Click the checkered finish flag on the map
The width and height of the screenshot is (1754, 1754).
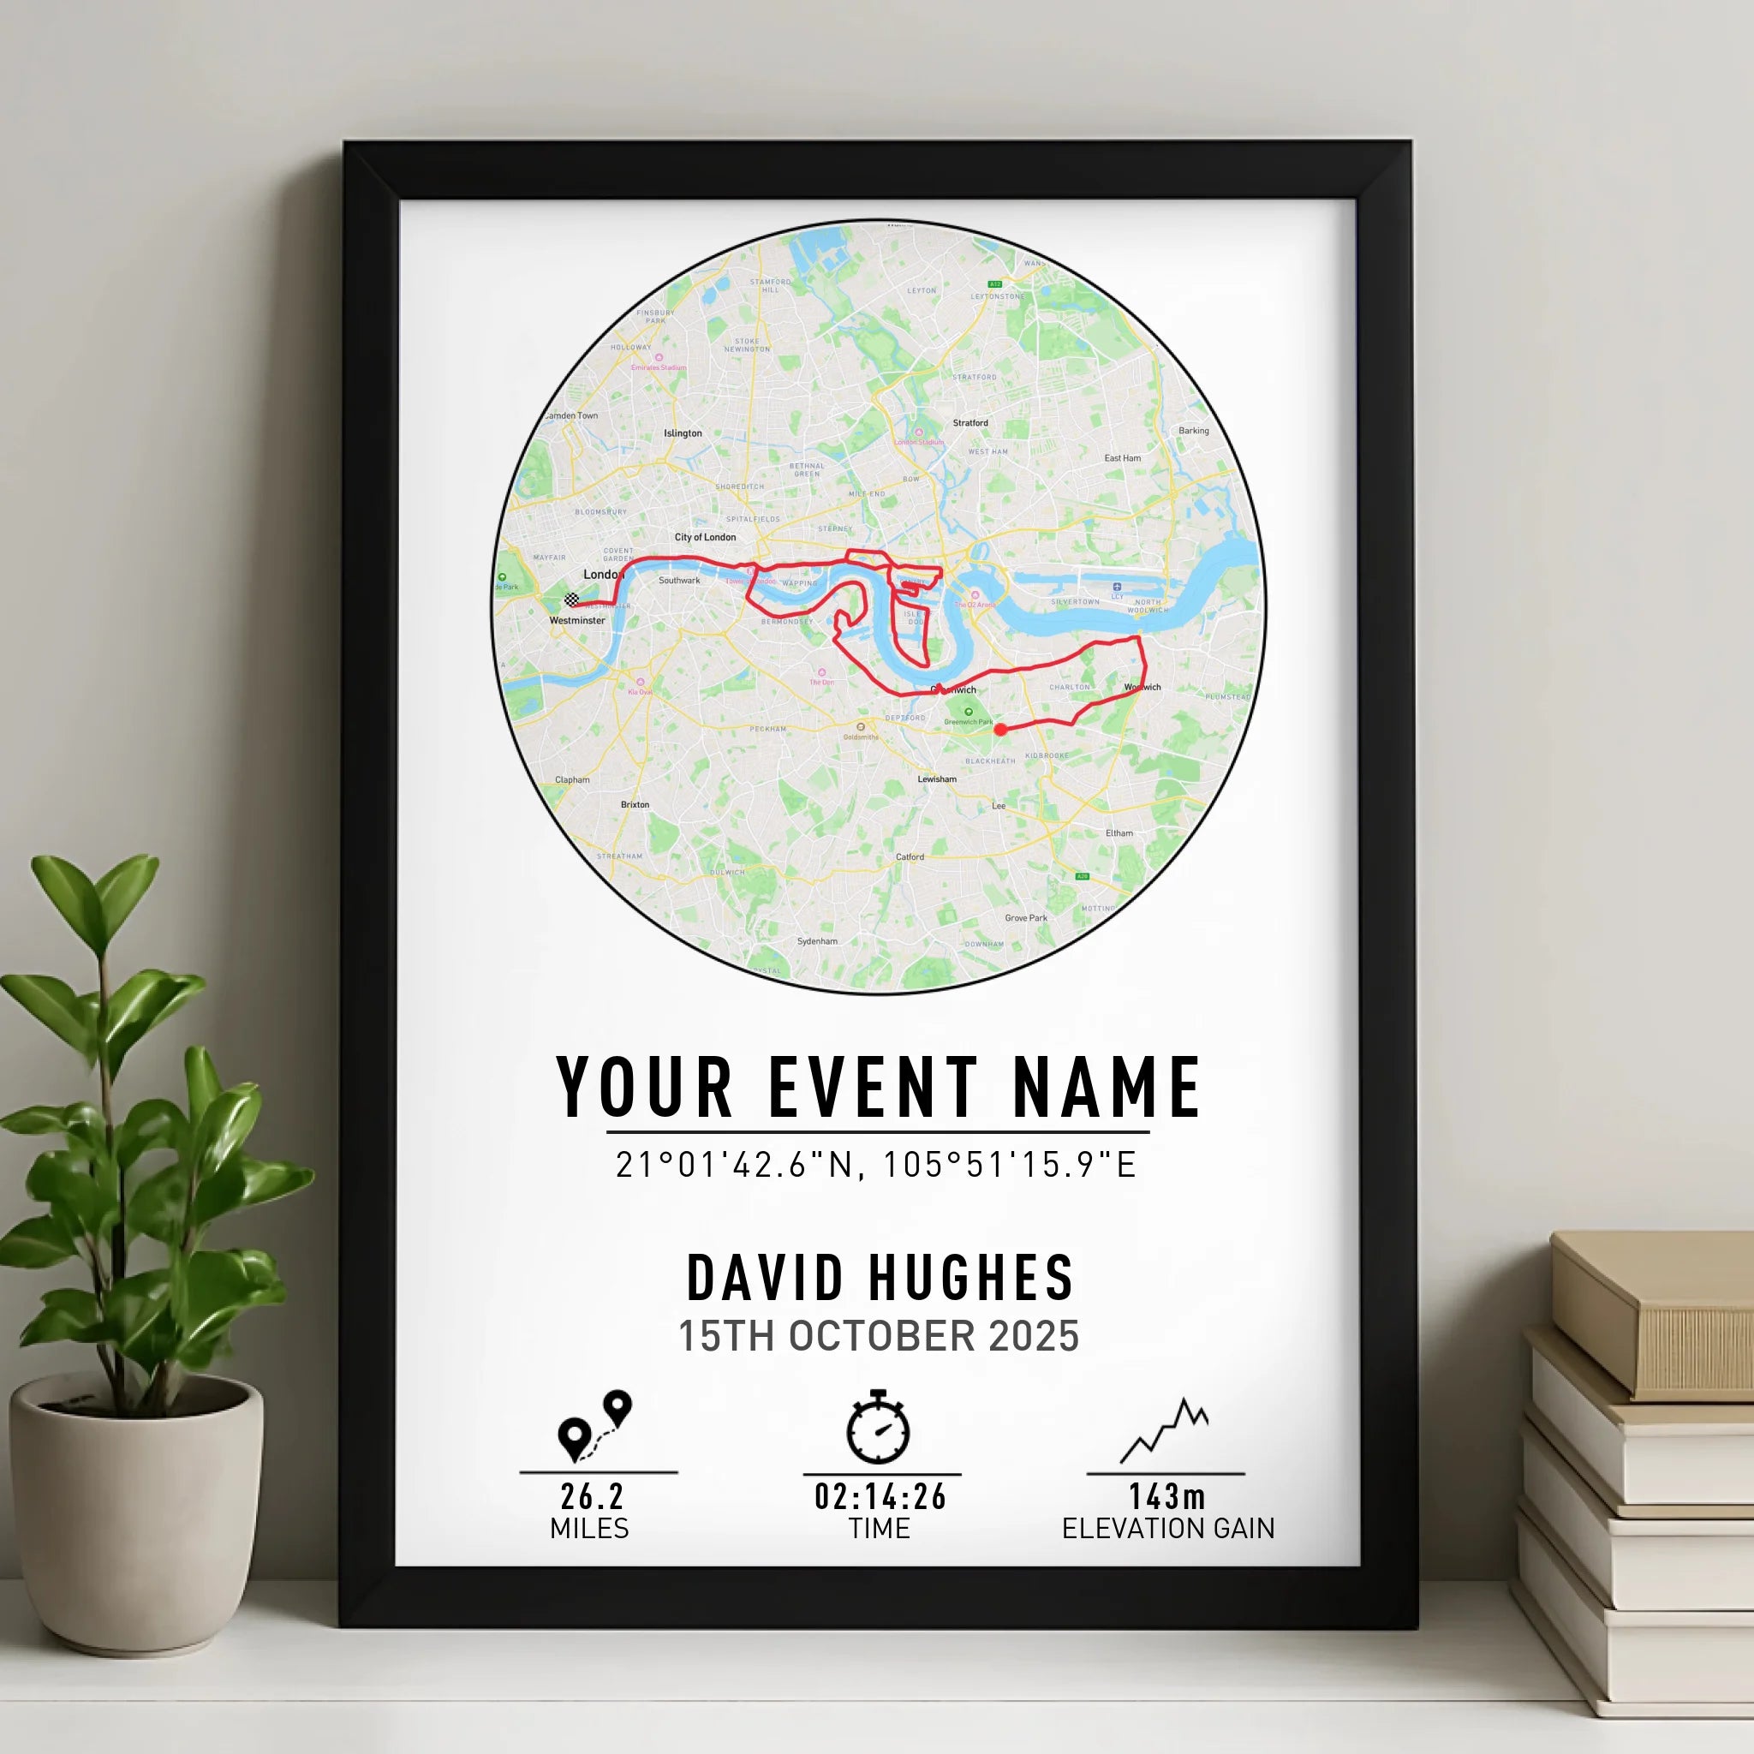tap(571, 600)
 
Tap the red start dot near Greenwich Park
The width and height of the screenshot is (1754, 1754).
tap(1000, 729)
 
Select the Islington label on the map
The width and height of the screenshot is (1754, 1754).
tap(683, 434)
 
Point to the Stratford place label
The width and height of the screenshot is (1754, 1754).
tap(970, 423)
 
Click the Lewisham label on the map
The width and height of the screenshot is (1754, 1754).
tap(937, 779)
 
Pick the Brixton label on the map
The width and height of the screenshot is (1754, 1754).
tap(635, 804)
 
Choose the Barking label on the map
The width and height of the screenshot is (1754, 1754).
tap(1194, 432)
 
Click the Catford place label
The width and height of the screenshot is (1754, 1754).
tap(910, 857)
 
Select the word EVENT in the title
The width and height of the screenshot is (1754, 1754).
tap(874, 1088)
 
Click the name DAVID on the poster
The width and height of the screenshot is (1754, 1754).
tap(767, 1279)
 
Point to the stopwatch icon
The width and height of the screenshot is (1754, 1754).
tap(878, 1427)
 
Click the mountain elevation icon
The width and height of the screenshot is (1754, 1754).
tap(1165, 1431)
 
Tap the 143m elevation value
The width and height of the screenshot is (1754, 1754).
tap(1166, 1496)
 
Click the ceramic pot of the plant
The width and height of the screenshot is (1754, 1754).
tap(136, 1507)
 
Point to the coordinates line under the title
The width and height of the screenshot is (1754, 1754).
tap(876, 1165)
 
